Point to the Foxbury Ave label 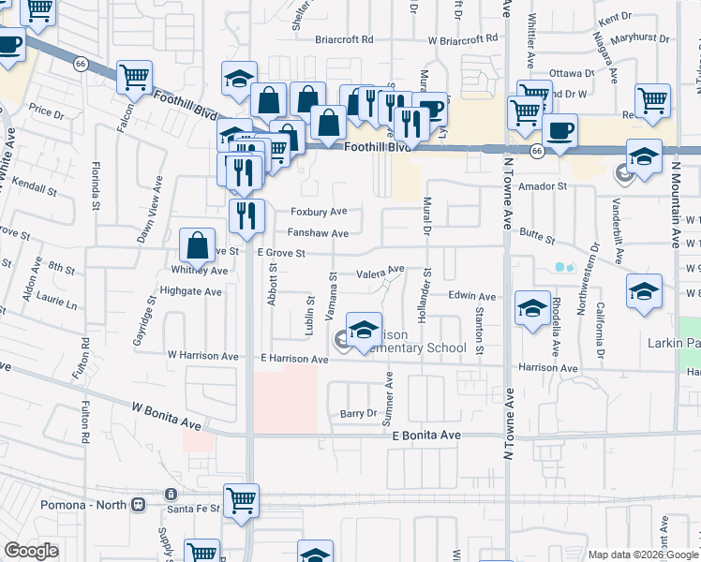(x=319, y=212)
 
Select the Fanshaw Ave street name (x=318, y=233)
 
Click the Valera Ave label (x=380, y=273)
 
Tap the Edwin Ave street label (x=471, y=296)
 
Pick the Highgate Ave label (x=190, y=291)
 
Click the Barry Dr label (x=357, y=413)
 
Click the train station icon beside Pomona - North (x=139, y=504)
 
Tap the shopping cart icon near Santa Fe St (x=242, y=500)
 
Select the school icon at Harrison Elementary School (x=364, y=329)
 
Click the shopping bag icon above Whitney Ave (x=199, y=246)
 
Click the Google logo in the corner (x=30, y=551)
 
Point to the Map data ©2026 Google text (x=642, y=555)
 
